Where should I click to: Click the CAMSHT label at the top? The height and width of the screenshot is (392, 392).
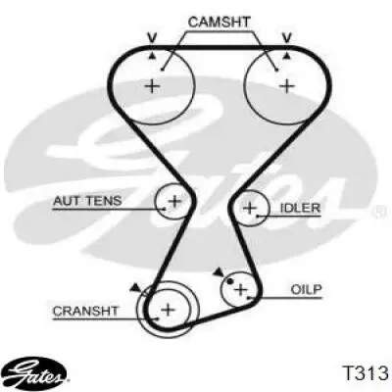219,23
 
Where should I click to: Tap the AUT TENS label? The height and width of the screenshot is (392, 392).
87,201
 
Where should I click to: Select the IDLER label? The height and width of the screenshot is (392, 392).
300,208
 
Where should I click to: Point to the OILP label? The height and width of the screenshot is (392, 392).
306,289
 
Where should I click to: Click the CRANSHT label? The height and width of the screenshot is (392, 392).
85,311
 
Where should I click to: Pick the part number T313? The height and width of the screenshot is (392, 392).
365,372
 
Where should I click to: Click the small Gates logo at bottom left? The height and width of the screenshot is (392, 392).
36,373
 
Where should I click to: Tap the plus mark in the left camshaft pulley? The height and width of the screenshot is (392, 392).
152,86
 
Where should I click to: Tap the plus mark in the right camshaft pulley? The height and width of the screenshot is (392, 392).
287,86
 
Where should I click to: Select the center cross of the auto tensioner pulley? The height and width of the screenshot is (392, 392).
174,201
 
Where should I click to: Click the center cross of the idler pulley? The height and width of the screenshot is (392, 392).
251,208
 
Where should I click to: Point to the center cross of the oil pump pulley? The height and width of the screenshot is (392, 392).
241,289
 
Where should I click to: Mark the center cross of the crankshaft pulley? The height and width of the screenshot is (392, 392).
168,309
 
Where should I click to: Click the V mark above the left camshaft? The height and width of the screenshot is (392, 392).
152,38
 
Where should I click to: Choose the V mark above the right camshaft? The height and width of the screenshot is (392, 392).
287,38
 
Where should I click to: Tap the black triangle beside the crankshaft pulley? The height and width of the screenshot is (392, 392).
135,287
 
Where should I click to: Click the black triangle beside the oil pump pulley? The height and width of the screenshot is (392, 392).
219,272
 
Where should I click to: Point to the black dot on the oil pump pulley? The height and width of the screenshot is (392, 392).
230,281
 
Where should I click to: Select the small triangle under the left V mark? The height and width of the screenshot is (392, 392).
152,56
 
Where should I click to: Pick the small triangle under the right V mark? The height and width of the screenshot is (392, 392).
287,56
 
